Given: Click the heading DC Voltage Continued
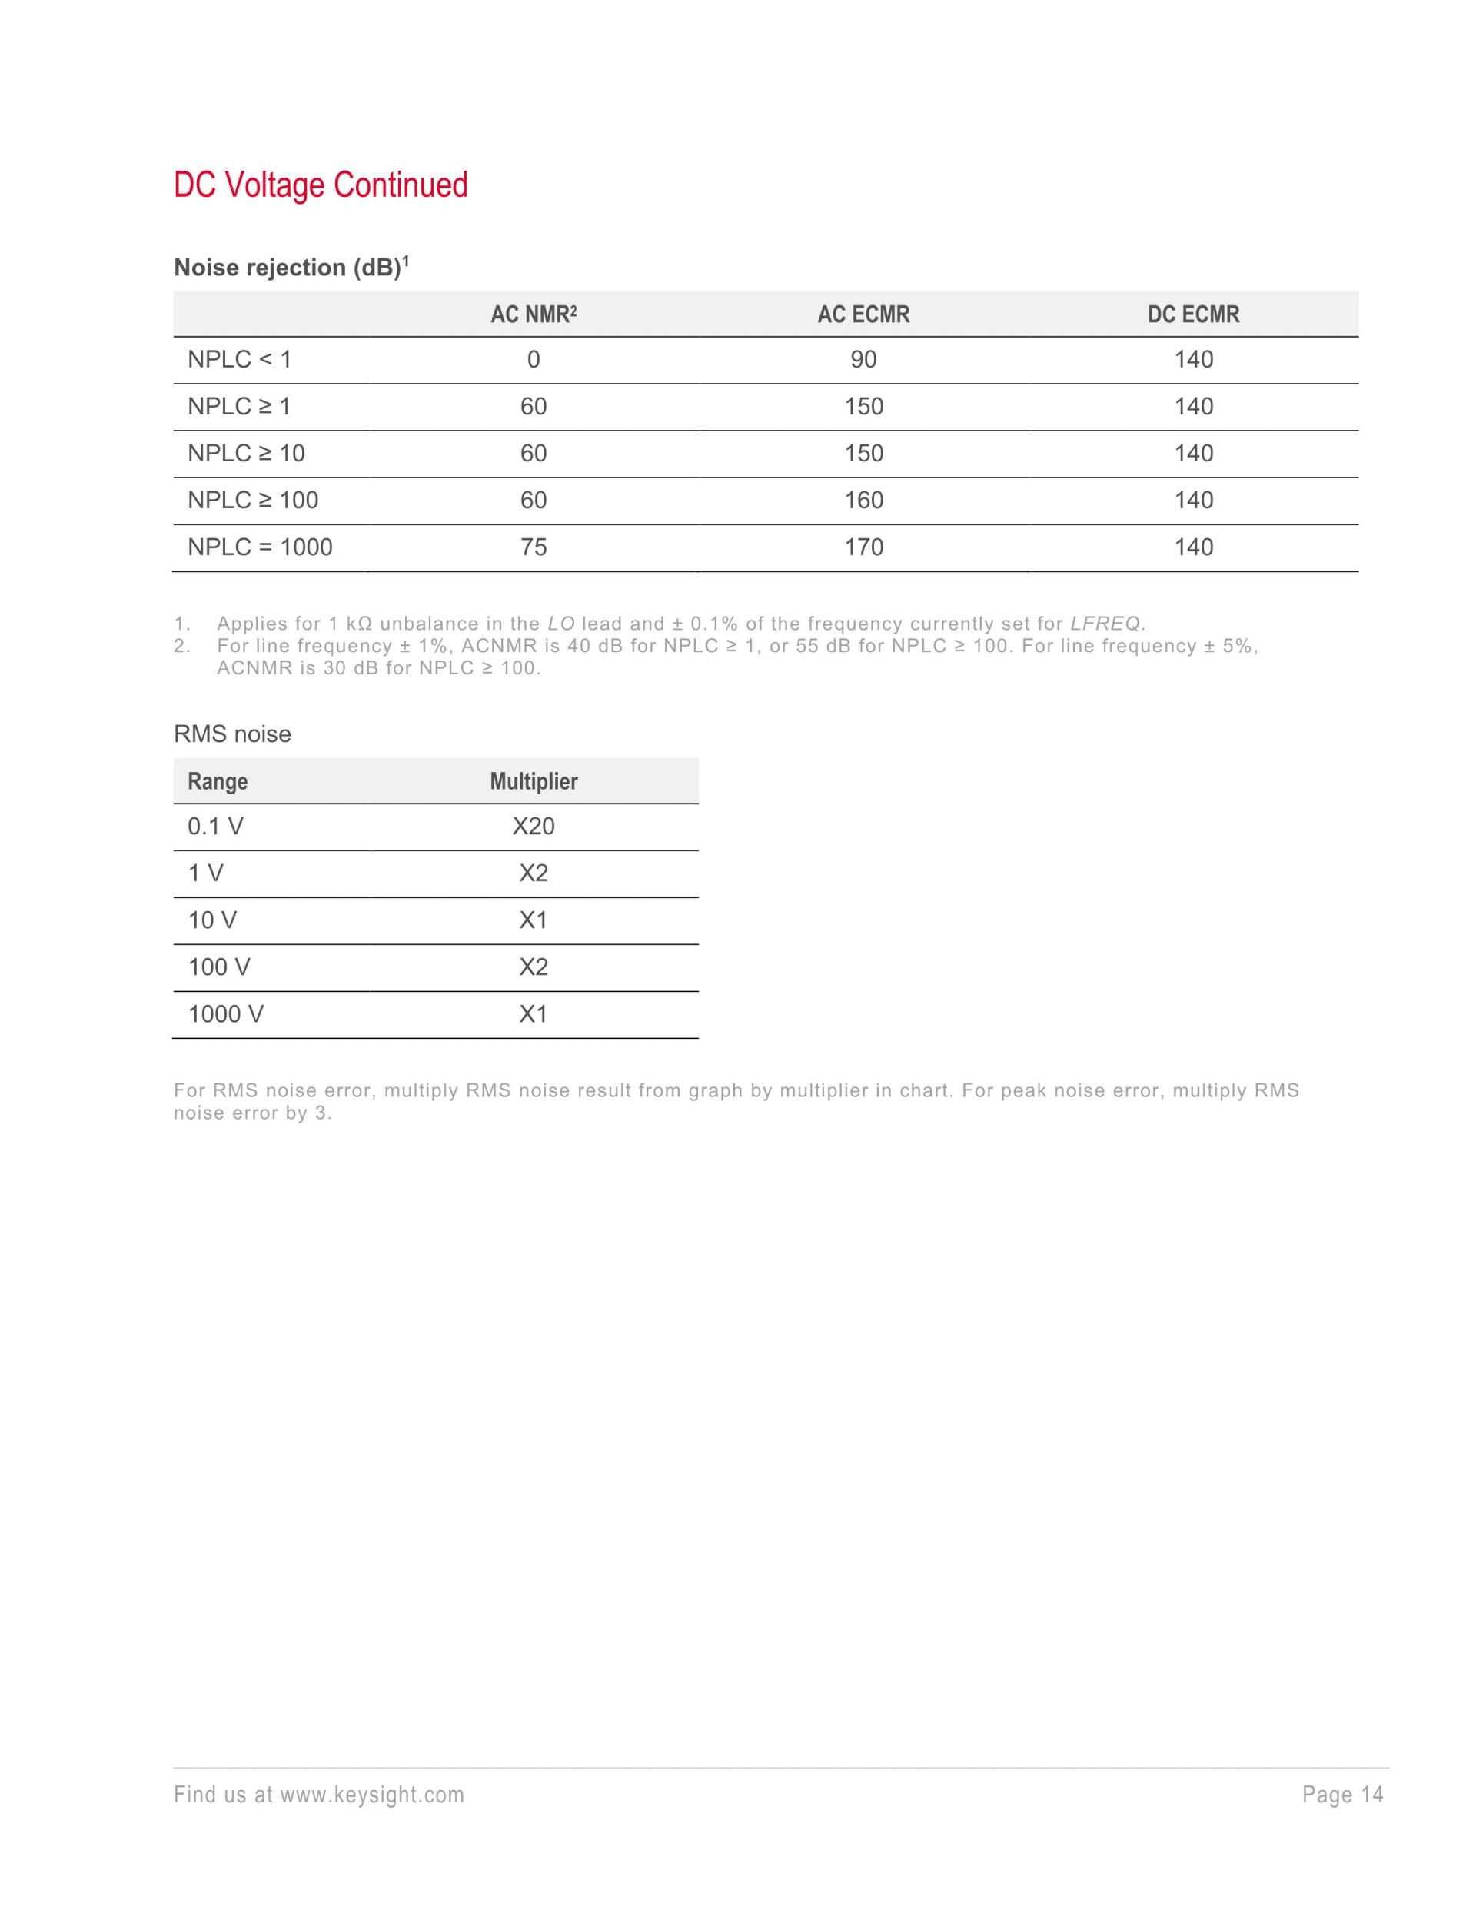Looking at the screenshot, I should tap(320, 185).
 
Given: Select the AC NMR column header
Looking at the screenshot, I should tap(534, 314).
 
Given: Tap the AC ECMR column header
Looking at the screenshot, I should tap(863, 314).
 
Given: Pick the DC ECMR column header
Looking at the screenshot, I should tap(1192, 314).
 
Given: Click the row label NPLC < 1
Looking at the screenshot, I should tap(239, 359).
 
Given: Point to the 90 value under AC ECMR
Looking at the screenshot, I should tap(863, 359).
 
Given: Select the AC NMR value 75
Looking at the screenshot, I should tap(534, 547).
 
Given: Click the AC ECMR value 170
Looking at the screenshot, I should tap(863, 547).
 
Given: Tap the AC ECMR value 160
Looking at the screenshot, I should tap(863, 501).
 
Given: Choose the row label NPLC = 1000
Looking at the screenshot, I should tap(260, 547).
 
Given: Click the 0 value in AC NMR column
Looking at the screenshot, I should tap(534, 359).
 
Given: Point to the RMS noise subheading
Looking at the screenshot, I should tap(231, 734).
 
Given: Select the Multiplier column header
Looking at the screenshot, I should tap(534, 782).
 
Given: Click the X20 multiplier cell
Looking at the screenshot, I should tap(534, 827).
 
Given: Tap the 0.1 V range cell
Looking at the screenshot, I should tap(215, 827).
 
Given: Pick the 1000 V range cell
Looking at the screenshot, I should tap(225, 1014).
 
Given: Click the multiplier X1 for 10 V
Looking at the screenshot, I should tap(534, 920).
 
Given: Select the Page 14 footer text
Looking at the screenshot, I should tap(1342, 1795).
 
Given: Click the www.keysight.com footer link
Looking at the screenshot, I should tap(371, 1795).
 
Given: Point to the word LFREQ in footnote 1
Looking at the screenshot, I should tap(1105, 624).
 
